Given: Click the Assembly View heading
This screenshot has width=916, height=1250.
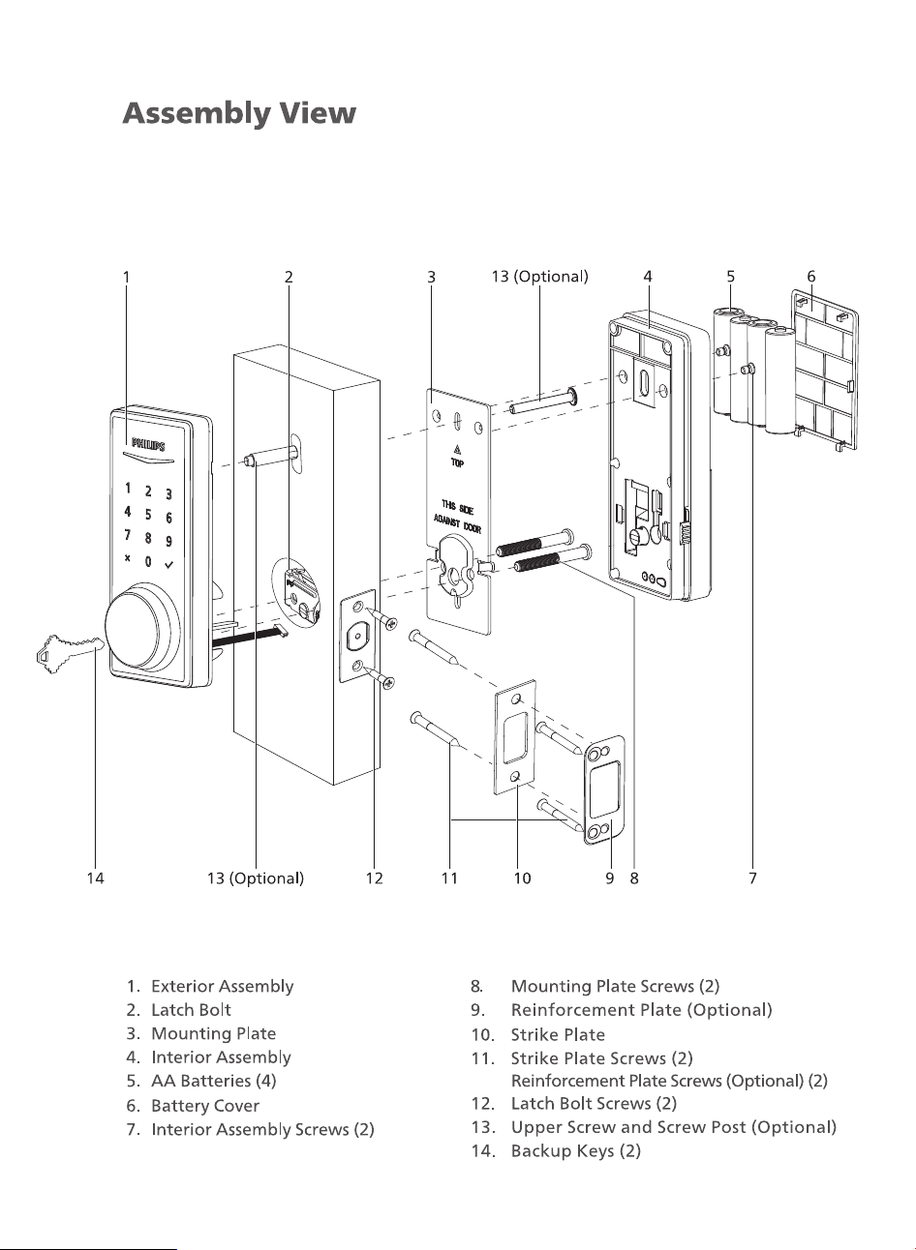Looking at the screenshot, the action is (239, 114).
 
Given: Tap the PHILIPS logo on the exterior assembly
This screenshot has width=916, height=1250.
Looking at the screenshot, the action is (148, 445).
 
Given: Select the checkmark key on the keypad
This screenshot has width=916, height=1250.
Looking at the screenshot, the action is (169, 565).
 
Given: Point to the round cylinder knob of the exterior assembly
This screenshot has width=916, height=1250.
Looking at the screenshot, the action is (141, 631).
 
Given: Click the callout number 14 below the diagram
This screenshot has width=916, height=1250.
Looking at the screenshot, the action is (96, 878).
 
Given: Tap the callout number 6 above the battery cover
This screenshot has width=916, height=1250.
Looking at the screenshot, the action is (811, 277).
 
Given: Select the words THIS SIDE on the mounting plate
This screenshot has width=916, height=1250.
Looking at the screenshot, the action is (457, 507).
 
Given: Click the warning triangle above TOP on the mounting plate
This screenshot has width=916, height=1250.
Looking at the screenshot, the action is (457, 450).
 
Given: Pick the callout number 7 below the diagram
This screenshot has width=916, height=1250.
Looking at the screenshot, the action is (752, 878).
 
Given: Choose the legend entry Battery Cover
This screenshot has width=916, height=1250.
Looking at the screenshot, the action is (205, 1106).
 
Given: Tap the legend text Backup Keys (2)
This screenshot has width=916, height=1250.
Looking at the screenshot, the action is (576, 1150).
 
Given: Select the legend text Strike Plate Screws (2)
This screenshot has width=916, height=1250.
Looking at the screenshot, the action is (602, 1058).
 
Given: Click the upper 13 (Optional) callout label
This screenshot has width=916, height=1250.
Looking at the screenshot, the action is (540, 277).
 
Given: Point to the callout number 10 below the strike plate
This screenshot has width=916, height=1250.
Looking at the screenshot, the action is (522, 878).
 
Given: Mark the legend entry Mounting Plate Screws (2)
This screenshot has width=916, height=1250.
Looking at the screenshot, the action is (616, 986).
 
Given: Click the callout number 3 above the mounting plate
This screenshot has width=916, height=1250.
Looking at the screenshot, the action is (431, 277).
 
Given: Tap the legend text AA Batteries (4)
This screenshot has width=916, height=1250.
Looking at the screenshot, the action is (214, 1081).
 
